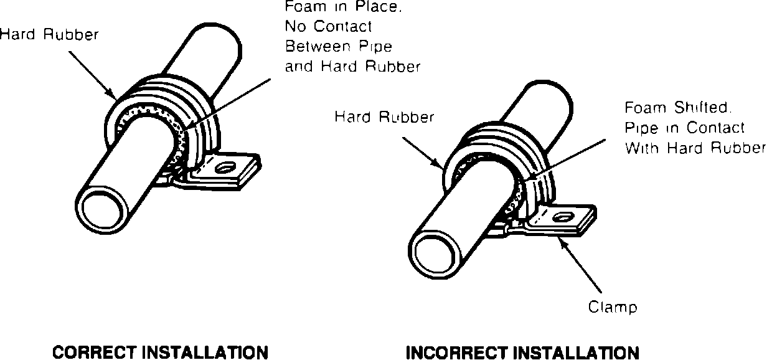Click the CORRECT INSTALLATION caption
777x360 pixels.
pyautogui.click(x=160, y=352)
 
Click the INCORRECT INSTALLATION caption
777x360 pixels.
pyautogui.click(x=522, y=352)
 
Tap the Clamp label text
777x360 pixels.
pyautogui.click(x=613, y=307)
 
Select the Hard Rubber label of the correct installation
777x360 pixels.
pyautogui.click(x=49, y=35)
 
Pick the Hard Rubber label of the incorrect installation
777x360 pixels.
pyautogui.click(x=384, y=116)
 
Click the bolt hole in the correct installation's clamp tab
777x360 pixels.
pyautogui.click(x=225, y=167)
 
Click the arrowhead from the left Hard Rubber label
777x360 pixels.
pyautogui.click(x=114, y=98)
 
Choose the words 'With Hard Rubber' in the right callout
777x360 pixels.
pyautogui.click(x=695, y=148)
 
